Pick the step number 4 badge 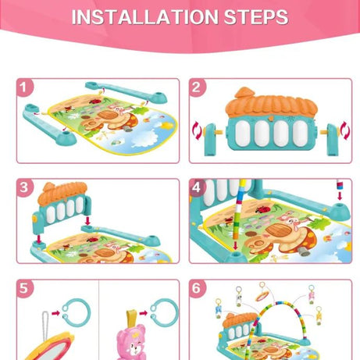(197, 188)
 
